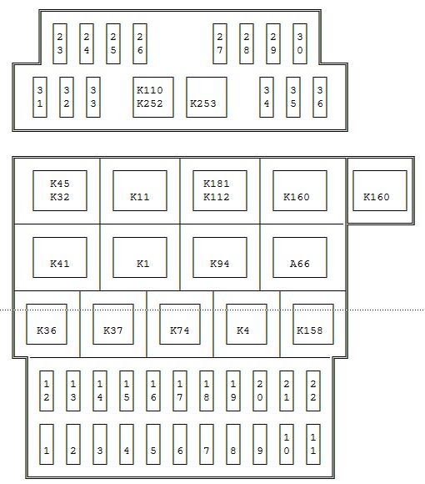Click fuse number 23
pyautogui.click(x=60, y=44)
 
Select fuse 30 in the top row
pyautogui.click(x=300, y=44)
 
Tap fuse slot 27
pyautogui.click(x=220, y=44)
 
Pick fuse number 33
pyautogui.click(x=93, y=98)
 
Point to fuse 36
pyautogui.click(x=320, y=98)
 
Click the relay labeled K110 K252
pyautogui.click(x=153, y=98)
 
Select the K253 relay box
pyautogui.click(x=207, y=98)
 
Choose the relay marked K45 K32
pyautogui.click(x=60, y=191)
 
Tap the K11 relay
pyautogui.click(x=140, y=191)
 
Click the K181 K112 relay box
pyautogui.click(x=220, y=191)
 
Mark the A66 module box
pyautogui.click(x=300, y=257)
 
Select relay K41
pyautogui.click(x=60, y=257)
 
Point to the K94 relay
pyautogui.click(x=220, y=257)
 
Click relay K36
pyautogui.click(x=47, y=324)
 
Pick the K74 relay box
pyautogui.click(x=180, y=324)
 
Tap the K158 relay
pyautogui.click(x=313, y=324)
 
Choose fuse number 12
pyautogui.click(x=47, y=391)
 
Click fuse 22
pyautogui.click(x=313, y=391)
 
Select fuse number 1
pyautogui.click(x=47, y=444)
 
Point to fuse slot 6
pyautogui.click(x=180, y=444)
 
